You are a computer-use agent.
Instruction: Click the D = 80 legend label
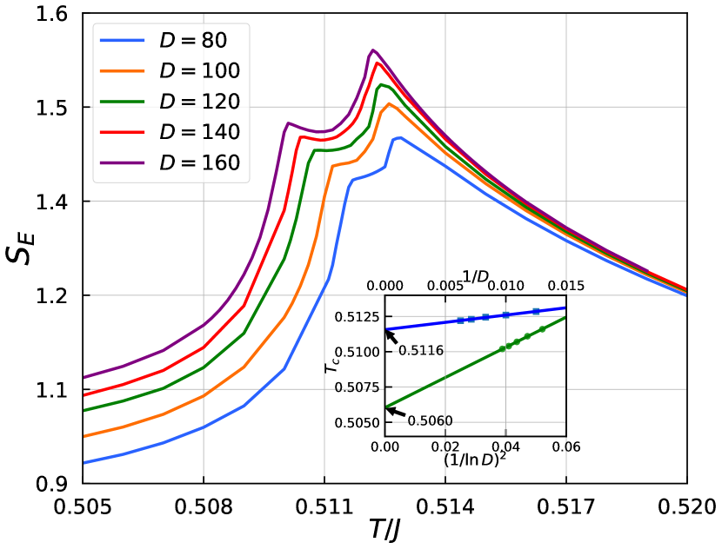tap(192, 41)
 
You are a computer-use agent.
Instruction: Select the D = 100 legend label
tap(199, 71)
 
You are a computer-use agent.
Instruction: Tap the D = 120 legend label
tap(199, 102)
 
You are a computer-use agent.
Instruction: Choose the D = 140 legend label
tap(199, 132)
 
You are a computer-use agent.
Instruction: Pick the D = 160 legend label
tap(199, 162)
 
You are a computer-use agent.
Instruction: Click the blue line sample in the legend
tap(122, 41)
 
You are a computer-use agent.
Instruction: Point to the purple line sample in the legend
tap(122, 162)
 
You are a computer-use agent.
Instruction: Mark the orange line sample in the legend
tap(122, 71)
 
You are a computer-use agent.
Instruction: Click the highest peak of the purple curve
tap(373, 50)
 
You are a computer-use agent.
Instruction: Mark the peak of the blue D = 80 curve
tap(398, 137)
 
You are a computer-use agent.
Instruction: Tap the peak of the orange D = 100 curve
tap(389, 103)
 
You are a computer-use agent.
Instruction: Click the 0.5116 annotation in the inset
tap(421, 351)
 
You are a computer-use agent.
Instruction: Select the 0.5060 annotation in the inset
tap(430, 421)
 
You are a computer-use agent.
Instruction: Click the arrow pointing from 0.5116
tap(391, 337)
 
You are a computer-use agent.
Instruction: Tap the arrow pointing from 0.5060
tap(396, 412)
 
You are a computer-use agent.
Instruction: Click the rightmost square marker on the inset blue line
tap(536, 311)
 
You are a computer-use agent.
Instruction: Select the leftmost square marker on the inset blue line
tap(460, 321)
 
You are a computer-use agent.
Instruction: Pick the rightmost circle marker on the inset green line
tap(542, 329)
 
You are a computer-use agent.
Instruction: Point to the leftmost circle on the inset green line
tap(502, 348)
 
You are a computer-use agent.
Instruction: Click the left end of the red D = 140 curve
tap(84, 395)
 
